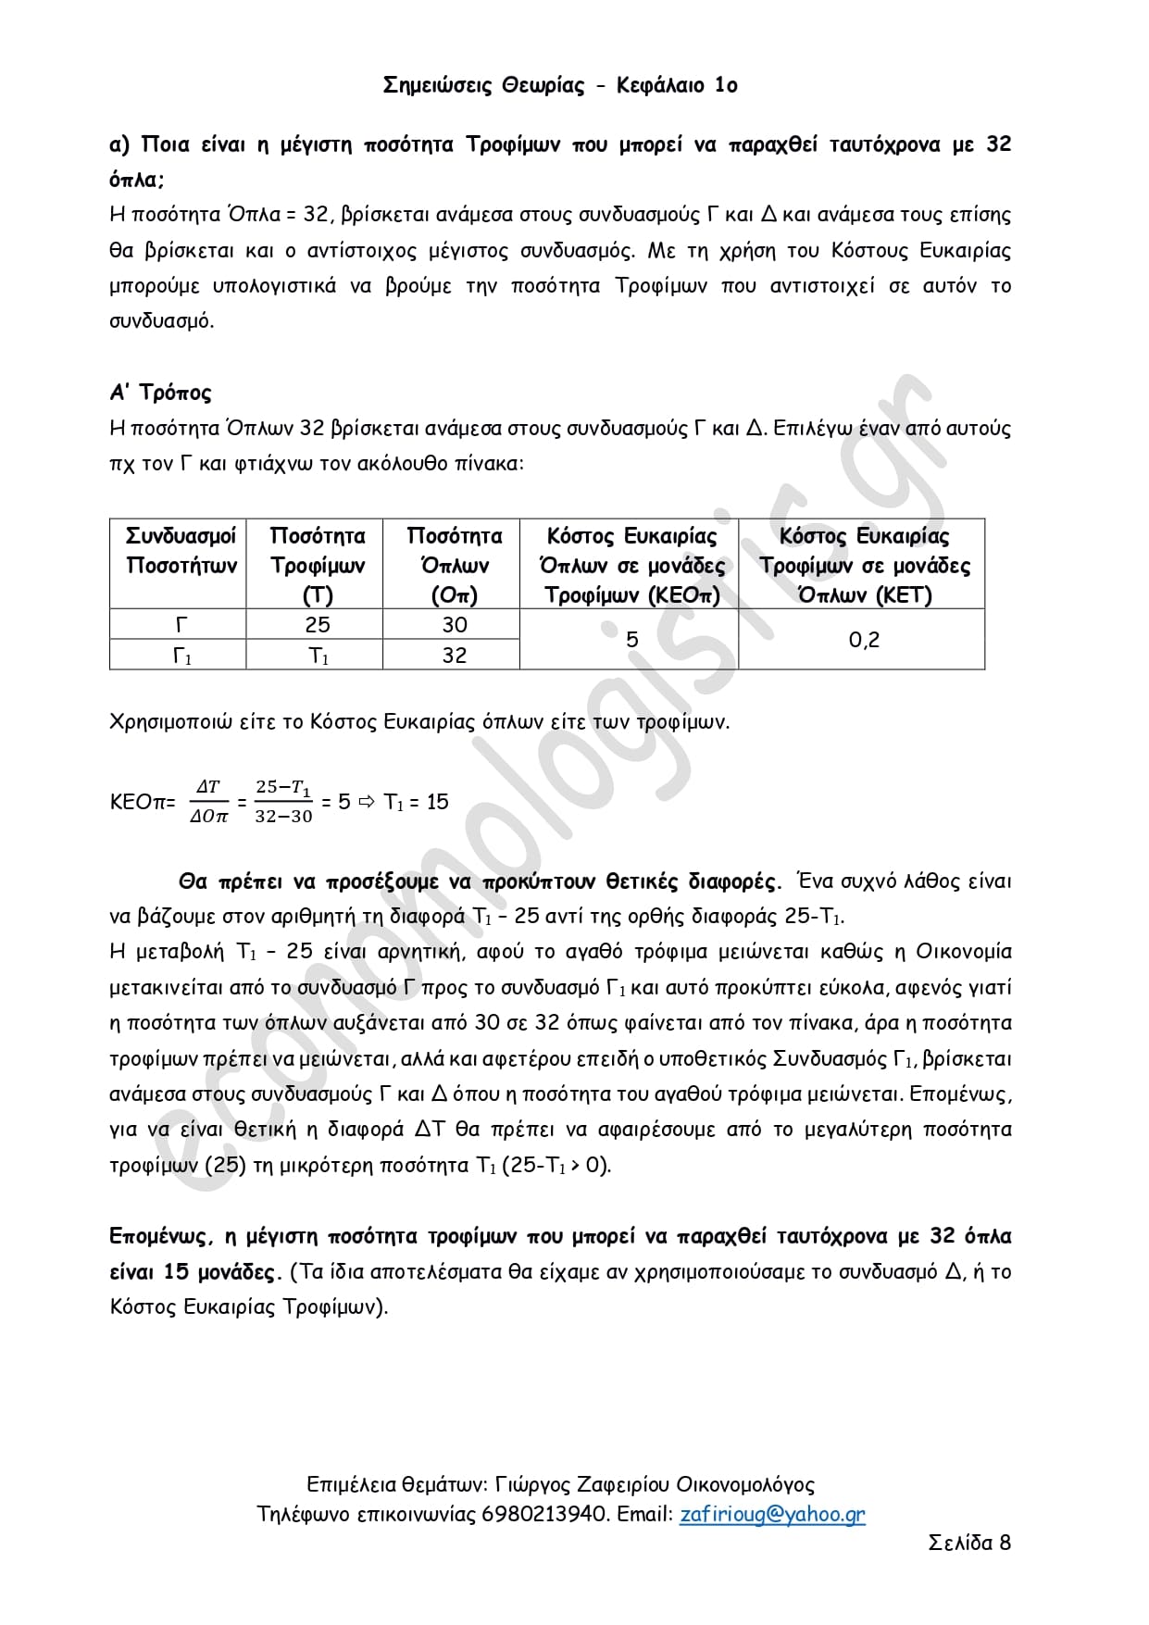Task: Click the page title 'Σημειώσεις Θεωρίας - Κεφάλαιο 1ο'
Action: point(560,86)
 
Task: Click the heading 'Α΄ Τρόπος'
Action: point(160,393)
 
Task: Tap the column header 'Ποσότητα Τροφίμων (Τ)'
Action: point(318,564)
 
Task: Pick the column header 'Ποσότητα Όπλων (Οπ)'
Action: point(454,564)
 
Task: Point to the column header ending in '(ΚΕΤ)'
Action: point(864,564)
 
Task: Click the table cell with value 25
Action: point(318,625)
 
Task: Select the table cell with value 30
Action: point(454,625)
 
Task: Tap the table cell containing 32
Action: point(454,656)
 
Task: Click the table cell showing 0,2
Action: point(864,640)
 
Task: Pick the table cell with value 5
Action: point(631,640)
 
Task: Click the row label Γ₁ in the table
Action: point(181,656)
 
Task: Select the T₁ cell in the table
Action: point(318,656)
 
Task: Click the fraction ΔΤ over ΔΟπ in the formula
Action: point(208,802)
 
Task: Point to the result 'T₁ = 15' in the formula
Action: point(416,802)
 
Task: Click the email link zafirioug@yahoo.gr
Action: point(772,1514)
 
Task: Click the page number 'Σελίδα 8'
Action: point(969,1543)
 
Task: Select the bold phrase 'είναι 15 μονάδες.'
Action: point(194,1272)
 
